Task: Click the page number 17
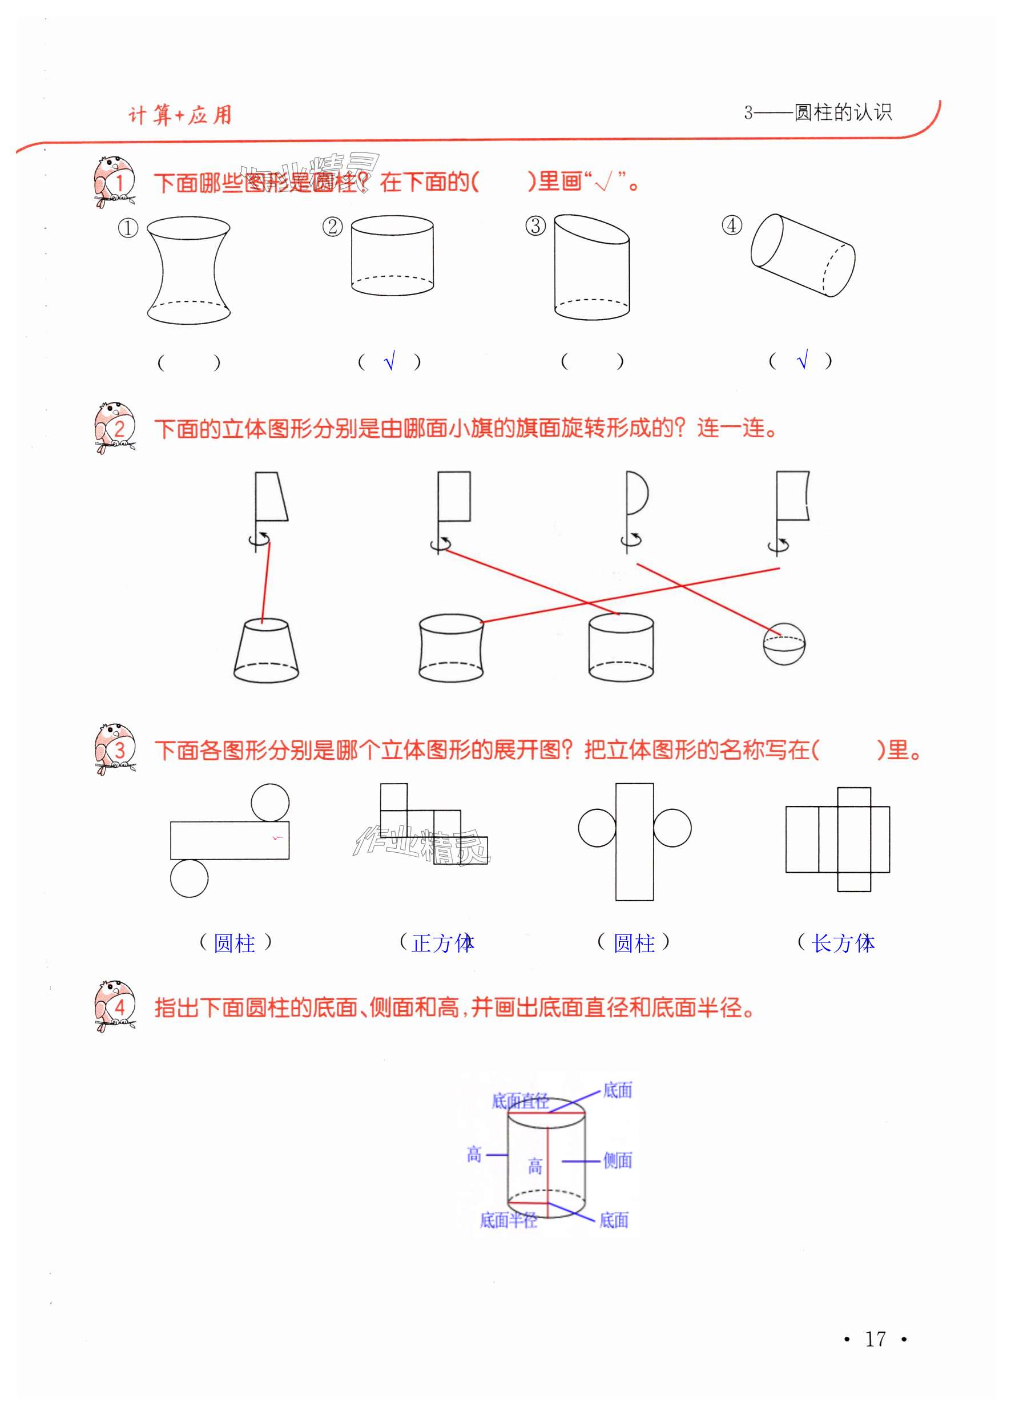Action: (x=875, y=1339)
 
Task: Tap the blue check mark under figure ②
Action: (x=390, y=361)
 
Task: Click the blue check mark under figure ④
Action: (x=803, y=360)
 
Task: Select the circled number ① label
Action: (x=128, y=228)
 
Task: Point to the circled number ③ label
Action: (x=535, y=225)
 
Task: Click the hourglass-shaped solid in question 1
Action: (x=188, y=270)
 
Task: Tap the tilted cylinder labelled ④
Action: (x=803, y=255)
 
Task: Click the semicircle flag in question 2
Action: (x=637, y=493)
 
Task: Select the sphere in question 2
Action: (x=784, y=643)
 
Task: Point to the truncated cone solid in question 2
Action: (x=266, y=650)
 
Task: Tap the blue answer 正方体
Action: (x=442, y=944)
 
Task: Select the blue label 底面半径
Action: (x=508, y=1221)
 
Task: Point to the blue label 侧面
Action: (x=618, y=1161)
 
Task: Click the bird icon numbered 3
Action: (x=115, y=749)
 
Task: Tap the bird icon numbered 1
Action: (x=115, y=180)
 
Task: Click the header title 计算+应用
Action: (x=180, y=115)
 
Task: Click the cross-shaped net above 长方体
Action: (x=837, y=839)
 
